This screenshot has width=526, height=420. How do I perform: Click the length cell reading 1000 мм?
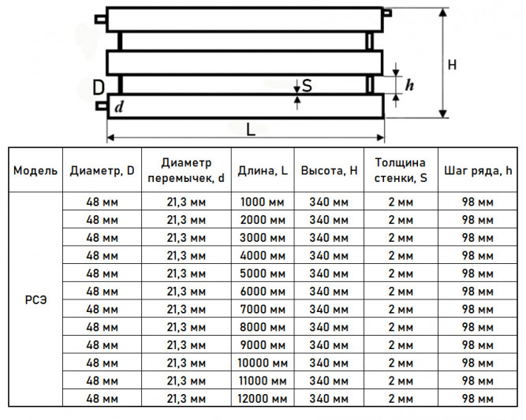point(263,203)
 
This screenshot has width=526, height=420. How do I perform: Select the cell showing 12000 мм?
point(263,399)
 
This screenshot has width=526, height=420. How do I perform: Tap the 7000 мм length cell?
point(263,310)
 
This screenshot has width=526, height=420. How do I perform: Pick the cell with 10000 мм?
point(263,363)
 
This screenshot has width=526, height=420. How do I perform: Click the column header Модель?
point(35,171)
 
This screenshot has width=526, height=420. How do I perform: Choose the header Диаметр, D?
point(102,171)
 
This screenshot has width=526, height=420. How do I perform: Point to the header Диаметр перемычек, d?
point(186,170)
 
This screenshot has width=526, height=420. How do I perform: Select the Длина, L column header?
point(263,171)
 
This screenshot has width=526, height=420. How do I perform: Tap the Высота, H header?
point(329,171)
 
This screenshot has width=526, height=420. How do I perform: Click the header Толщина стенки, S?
point(401,170)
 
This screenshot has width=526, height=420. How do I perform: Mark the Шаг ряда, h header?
point(478,171)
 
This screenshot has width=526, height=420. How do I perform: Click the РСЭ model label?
point(36,300)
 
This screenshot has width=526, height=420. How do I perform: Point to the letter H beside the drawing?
point(452,65)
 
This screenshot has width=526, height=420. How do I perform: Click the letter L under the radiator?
point(251,129)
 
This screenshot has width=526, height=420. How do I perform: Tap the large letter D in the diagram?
point(99,87)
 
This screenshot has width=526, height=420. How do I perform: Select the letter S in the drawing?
point(307,86)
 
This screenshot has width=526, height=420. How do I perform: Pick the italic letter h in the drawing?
point(409,85)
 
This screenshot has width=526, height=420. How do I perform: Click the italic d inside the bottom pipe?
point(119,107)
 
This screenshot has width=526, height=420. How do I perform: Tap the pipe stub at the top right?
point(387,13)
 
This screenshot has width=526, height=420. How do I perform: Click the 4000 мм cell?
point(263,256)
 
